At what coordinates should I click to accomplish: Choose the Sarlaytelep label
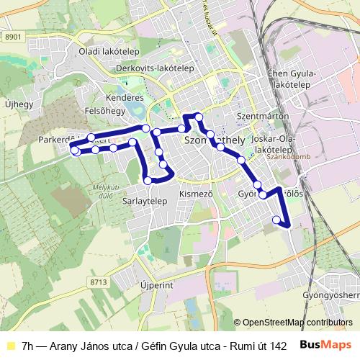(x=145, y=201)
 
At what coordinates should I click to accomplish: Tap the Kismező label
(x=196, y=194)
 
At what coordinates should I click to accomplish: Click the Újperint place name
(x=158, y=285)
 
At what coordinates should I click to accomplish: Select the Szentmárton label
(x=263, y=115)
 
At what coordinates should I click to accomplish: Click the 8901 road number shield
(x=12, y=37)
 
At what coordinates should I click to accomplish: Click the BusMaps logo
(x=326, y=345)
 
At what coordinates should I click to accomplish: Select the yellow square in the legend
(x=10, y=345)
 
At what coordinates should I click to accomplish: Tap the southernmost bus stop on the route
(x=276, y=220)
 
